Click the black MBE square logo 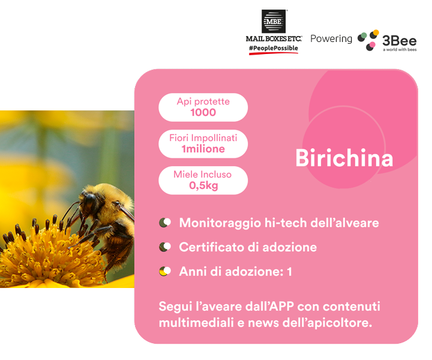tap(274, 21)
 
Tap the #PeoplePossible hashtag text tap(274, 48)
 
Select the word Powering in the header tap(331, 39)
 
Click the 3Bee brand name tap(399, 41)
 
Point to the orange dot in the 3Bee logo tap(376, 32)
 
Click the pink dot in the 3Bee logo tap(372, 44)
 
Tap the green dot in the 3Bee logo tap(364, 35)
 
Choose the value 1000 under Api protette tap(203, 112)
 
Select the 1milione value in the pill tap(203, 149)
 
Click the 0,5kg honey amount tap(203, 185)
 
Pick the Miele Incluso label tap(203, 175)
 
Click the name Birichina tap(344, 158)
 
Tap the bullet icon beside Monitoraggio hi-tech tap(165, 223)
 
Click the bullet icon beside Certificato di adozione tap(165, 247)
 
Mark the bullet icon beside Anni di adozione tap(165, 271)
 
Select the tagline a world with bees tap(400, 50)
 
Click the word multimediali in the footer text tap(196, 323)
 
